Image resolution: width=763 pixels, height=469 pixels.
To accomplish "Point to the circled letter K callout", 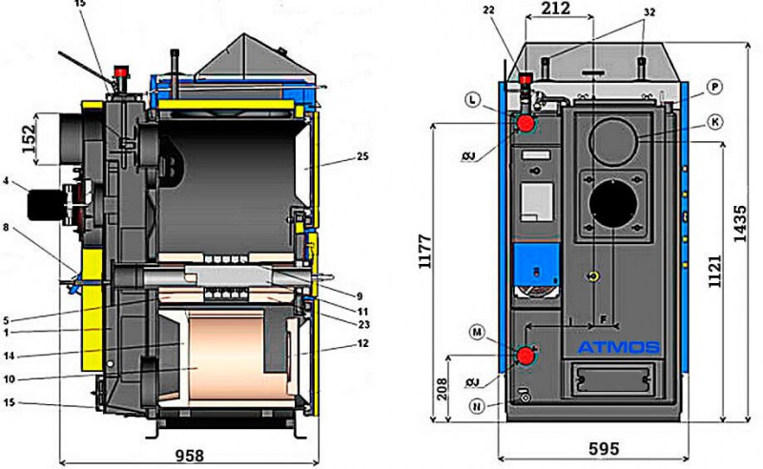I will (x=714, y=121).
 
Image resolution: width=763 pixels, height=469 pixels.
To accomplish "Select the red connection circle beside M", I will (x=524, y=357).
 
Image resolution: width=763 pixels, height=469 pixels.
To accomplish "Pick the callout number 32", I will (x=649, y=12).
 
